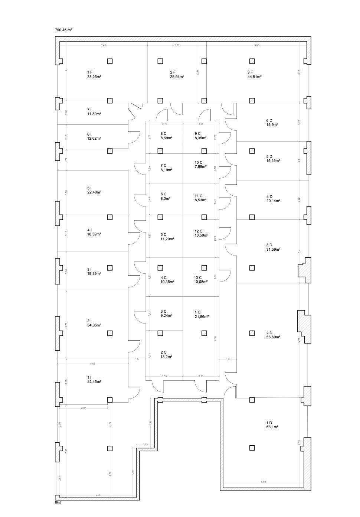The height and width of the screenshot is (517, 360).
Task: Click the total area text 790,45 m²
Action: click(x=63, y=30)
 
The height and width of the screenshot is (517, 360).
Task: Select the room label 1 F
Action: click(x=90, y=72)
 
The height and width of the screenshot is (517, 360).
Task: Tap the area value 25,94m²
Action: click(x=177, y=77)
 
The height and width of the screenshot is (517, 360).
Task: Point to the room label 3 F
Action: click(x=250, y=72)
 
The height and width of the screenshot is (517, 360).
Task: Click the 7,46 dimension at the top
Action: click(x=104, y=45)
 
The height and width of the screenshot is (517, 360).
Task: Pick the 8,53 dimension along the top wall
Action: click(x=256, y=45)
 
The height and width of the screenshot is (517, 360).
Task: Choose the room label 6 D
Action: click(x=269, y=120)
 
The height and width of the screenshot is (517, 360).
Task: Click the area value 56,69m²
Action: click(x=273, y=337)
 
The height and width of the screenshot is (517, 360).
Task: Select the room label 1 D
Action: click(x=269, y=423)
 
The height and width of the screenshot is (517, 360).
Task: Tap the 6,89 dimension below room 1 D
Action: click(x=263, y=482)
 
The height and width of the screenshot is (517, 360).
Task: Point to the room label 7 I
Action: click(x=89, y=110)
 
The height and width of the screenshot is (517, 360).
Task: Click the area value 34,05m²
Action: click(x=94, y=325)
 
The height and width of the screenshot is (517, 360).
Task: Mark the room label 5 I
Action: click(x=89, y=188)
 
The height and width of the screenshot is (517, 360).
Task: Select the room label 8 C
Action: click(x=163, y=133)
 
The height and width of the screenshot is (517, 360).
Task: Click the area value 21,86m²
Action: click(x=202, y=316)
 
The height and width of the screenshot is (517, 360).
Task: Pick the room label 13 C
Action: click(x=198, y=277)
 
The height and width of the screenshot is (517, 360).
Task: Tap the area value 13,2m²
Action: click(x=166, y=357)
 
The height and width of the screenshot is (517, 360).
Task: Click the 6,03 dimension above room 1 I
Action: click(x=93, y=364)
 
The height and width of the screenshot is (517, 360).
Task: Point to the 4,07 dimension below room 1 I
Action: click(x=84, y=408)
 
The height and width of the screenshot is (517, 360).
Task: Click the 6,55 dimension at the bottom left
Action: click(x=98, y=495)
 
